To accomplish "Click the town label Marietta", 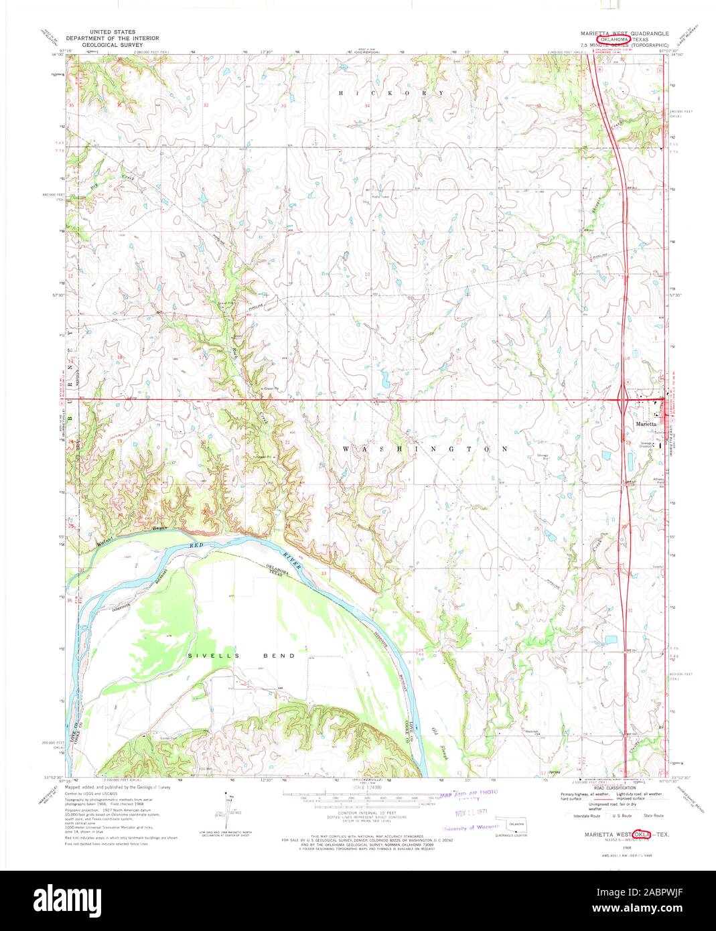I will point(646,424).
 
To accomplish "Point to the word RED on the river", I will point(196,547).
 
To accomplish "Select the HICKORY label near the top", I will point(391,92).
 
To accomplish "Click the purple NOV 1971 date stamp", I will point(468,812).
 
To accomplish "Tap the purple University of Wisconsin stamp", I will point(470,828).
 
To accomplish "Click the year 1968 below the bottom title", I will point(627,847).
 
